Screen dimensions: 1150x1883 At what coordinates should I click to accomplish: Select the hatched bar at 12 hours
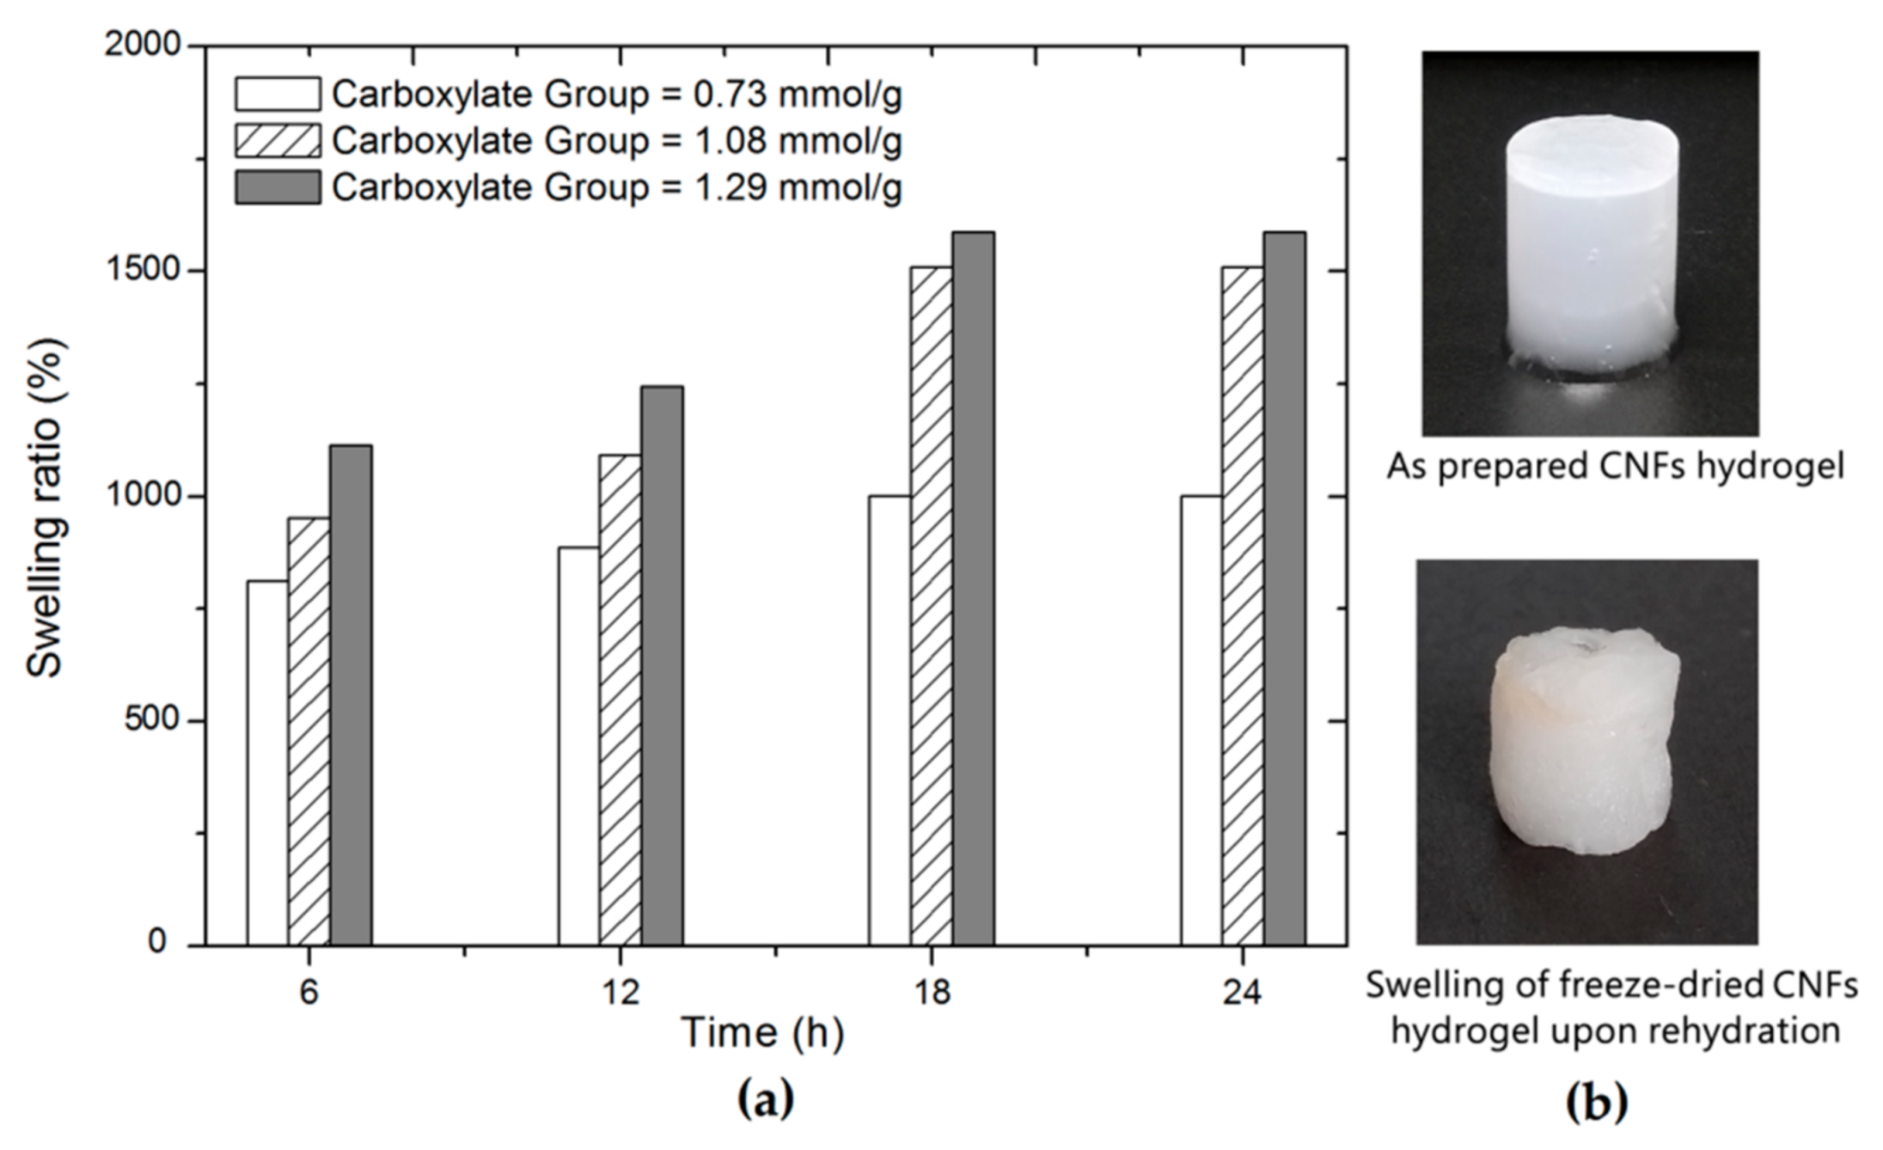coord(620,700)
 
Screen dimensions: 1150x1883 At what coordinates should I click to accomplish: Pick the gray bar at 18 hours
coord(973,589)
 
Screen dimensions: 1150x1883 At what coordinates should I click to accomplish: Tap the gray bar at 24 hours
coord(1284,589)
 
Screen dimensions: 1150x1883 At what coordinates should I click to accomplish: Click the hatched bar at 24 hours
coord(1242,606)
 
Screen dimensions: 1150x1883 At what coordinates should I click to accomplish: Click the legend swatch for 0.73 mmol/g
coord(278,95)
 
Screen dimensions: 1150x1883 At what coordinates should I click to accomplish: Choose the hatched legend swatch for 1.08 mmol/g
coord(278,141)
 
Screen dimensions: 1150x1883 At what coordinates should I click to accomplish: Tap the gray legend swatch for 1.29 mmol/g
coord(278,187)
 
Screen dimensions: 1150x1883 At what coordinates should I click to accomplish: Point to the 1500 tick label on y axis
coord(142,271)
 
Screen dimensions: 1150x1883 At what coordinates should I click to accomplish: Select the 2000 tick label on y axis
coord(142,45)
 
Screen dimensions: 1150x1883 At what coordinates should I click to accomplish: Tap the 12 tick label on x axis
coord(620,993)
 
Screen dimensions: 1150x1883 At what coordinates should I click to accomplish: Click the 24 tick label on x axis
coord(1242,993)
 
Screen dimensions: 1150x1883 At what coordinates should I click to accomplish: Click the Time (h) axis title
coord(762,1033)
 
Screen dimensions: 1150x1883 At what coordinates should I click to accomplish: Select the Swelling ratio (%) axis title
coord(45,507)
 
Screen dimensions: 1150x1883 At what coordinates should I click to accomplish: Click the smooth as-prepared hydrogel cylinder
coord(1590,249)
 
